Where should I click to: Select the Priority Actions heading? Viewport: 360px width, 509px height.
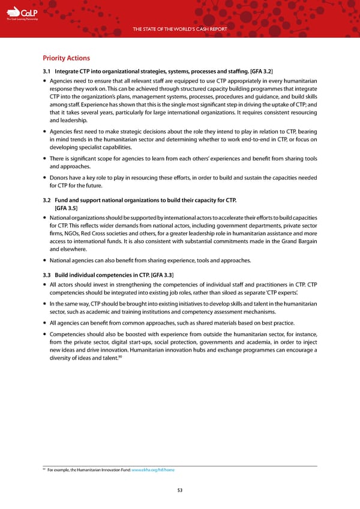point(66,58)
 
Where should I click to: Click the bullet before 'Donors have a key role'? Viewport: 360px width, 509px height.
point(46,178)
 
